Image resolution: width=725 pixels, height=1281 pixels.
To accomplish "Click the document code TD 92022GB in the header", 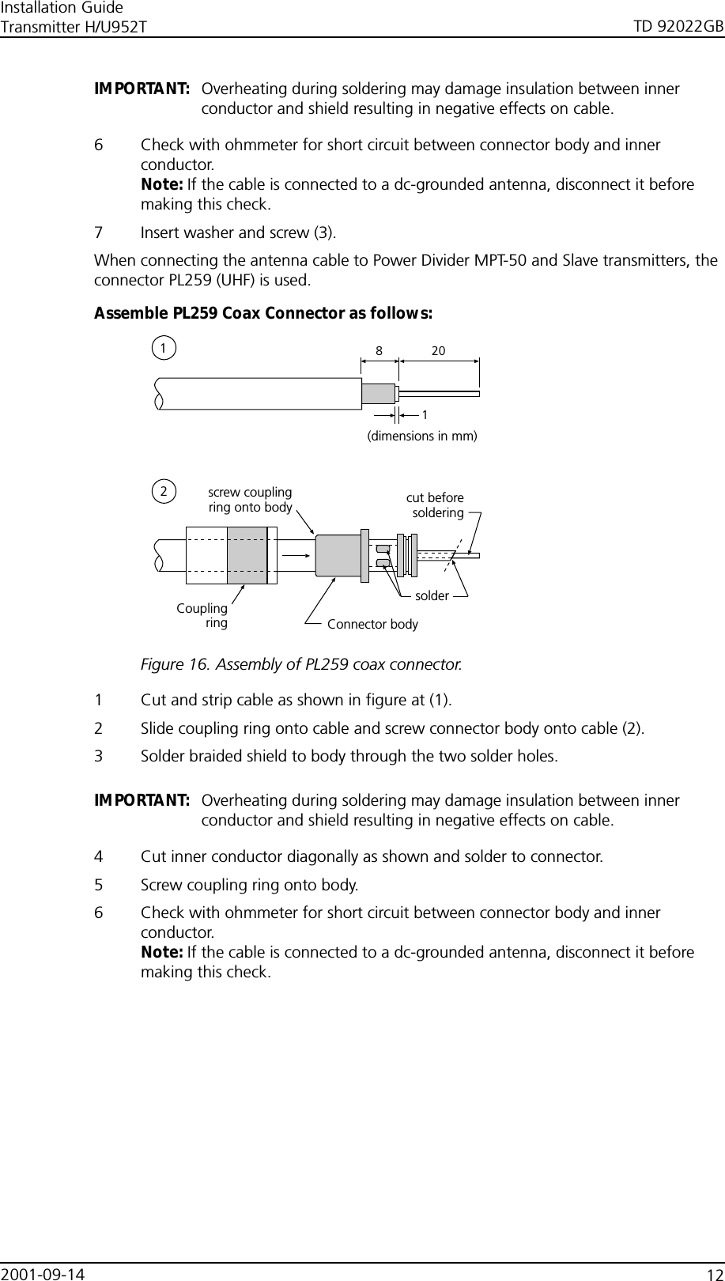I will [x=678, y=28].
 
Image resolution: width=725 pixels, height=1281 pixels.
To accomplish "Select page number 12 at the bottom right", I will [x=715, y=1273].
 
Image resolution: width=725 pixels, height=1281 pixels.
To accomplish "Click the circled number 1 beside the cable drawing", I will [x=164, y=347].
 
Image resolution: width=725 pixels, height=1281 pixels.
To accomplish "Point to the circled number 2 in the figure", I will [x=164, y=491].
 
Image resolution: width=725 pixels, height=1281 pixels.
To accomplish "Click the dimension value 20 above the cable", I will [x=438, y=350].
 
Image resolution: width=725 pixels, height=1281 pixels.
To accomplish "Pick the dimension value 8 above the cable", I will [x=379, y=350].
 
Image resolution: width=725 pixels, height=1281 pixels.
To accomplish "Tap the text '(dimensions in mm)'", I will [x=423, y=436].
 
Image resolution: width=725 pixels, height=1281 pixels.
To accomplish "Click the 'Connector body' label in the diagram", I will [x=372, y=625].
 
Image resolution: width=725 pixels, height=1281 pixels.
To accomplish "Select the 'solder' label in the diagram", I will [x=432, y=595].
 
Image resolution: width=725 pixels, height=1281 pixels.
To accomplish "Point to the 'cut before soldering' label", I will [x=436, y=504].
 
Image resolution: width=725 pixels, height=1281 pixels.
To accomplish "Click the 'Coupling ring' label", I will [x=203, y=615].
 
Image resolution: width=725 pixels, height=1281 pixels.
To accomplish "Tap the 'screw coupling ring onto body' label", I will [x=250, y=500].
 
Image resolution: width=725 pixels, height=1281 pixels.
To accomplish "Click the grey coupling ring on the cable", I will [x=247, y=554].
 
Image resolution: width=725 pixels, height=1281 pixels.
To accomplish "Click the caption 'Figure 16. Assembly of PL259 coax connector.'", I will [x=301, y=663].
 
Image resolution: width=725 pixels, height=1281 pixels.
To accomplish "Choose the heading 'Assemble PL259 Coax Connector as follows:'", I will [x=263, y=313].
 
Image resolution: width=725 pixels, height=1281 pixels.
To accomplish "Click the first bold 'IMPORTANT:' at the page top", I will [x=142, y=88].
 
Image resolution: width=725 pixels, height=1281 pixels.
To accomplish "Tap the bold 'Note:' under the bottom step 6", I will [x=161, y=952].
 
